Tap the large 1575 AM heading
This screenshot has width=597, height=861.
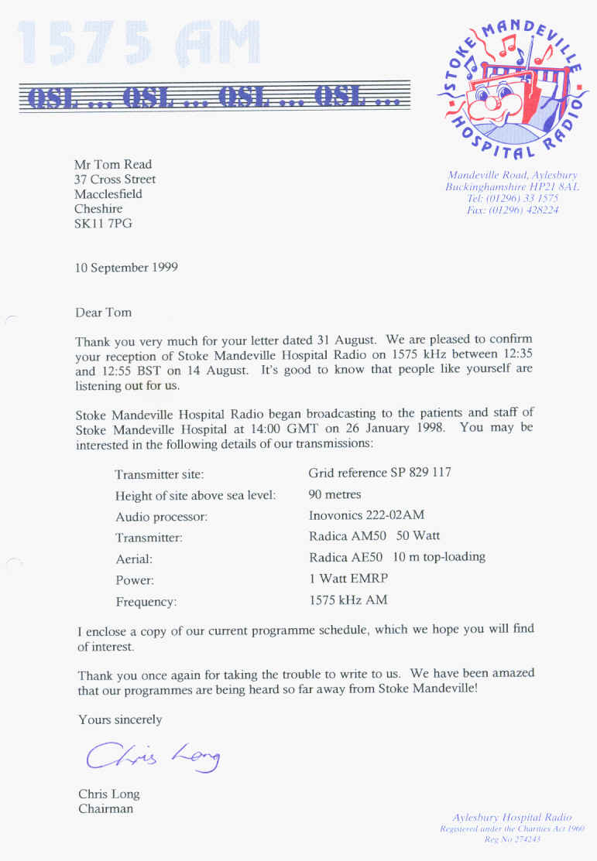(138, 45)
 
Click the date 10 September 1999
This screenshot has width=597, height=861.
(126, 268)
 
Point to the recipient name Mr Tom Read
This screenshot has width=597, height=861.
(113, 164)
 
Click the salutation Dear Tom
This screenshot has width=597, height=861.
(104, 313)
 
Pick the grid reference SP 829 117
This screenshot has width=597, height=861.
(379, 473)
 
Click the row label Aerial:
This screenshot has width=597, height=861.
(134, 559)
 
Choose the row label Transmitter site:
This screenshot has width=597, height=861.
(160, 474)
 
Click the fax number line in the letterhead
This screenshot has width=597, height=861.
(512, 210)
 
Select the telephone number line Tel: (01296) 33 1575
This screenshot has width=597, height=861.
(512, 199)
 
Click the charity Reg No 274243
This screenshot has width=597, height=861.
(512, 839)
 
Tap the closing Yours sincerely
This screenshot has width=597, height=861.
(120, 720)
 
